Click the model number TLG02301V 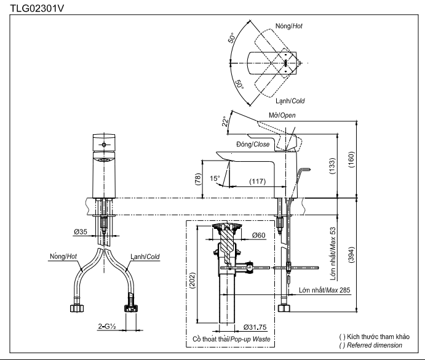click(x=37, y=9)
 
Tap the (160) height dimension click(x=351, y=159)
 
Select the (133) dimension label click(x=332, y=166)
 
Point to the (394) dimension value click(x=351, y=255)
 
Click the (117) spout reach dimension click(x=258, y=181)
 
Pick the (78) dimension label click(x=198, y=179)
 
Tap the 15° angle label click(x=215, y=178)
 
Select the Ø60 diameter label click(x=258, y=235)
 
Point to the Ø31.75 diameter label click(x=255, y=327)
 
